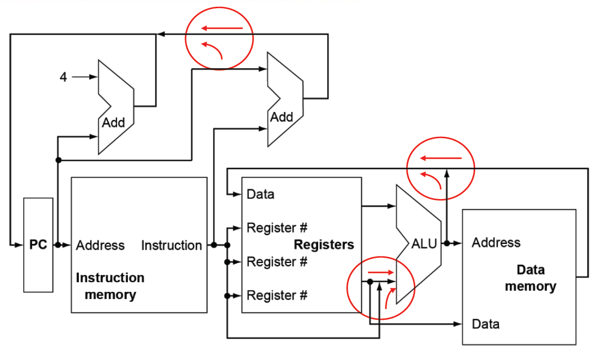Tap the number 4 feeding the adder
pyautogui.click(x=63, y=77)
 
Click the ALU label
pyautogui.click(x=424, y=243)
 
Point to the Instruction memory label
pyautogui.click(x=110, y=286)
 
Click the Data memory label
pyautogui.click(x=530, y=278)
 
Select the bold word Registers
pyautogui.click(x=324, y=244)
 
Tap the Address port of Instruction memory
pyautogui.click(x=100, y=246)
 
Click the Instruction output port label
pyautogui.click(x=171, y=246)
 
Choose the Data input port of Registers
pyautogui.click(x=260, y=194)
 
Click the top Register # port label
pyautogui.click(x=277, y=227)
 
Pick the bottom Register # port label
pyautogui.click(x=277, y=296)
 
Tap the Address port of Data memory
pyautogui.click(x=496, y=242)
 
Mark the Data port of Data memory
pyautogui.click(x=486, y=324)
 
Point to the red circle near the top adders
pyautogui.click(x=220, y=39)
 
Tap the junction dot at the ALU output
pyautogui.click(x=446, y=243)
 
